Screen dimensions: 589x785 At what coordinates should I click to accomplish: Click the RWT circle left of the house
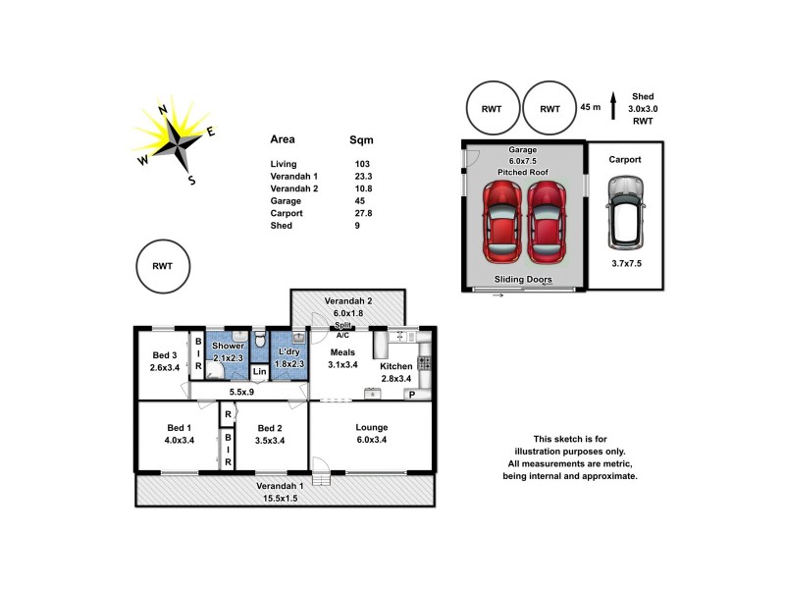click(x=159, y=265)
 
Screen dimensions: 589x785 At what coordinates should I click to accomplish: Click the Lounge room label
click(x=372, y=427)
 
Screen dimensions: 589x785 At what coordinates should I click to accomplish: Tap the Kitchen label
click(x=396, y=366)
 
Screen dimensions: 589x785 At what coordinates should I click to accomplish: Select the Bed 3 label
click(x=165, y=355)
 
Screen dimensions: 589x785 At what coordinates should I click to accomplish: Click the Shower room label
click(x=228, y=346)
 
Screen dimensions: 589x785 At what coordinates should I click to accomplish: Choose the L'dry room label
click(x=289, y=351)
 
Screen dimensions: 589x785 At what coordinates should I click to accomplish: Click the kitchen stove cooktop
click(x=425, y=362)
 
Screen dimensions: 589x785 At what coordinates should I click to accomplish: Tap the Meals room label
click(x=342, y=351)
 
